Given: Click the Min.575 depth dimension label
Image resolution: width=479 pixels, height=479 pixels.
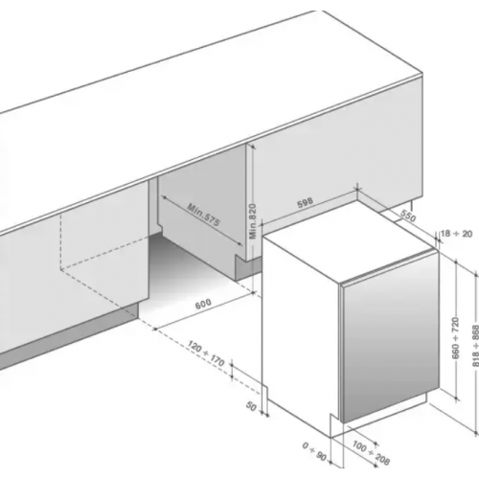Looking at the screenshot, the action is click(203, 215).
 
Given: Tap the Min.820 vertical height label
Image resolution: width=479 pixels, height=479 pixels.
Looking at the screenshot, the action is click(253, 221).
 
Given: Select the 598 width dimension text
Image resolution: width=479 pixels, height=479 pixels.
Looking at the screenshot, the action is click(306, 202).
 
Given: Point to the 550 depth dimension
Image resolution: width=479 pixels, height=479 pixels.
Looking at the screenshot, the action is click(408, 217).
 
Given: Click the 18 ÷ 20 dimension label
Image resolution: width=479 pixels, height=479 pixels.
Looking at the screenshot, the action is click(456, 234).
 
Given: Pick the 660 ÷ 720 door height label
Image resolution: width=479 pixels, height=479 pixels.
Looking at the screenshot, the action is click(456, 338).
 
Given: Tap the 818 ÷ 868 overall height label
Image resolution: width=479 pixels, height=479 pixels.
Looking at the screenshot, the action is click(475, 346).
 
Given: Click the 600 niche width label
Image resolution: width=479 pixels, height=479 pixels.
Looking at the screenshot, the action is click(203, 304).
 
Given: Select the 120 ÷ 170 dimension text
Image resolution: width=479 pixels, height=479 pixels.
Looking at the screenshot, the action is click(206, 354).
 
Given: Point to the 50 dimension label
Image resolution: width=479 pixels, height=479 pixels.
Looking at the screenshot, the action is click(251, 406).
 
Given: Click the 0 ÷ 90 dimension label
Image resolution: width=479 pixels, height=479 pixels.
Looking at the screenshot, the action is click(314, 451).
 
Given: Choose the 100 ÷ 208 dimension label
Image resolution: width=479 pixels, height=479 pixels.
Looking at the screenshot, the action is click(372, 452).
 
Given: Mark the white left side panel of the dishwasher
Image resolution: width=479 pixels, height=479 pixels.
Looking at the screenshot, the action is click(300, 332).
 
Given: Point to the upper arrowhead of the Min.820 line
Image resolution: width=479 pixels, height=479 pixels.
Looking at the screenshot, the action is click(252, 146).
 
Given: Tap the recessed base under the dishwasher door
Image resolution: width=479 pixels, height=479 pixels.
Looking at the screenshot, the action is click(383, 414).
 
